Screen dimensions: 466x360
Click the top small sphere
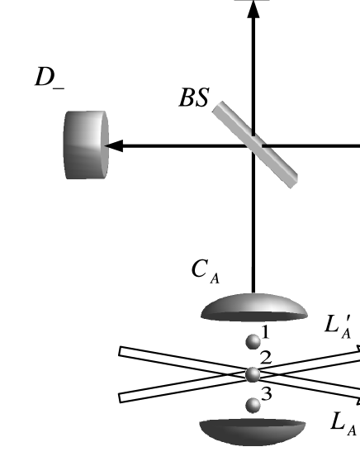click(253, 341)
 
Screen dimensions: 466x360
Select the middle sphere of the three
click(253, 374)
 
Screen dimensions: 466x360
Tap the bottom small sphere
click(253, 405)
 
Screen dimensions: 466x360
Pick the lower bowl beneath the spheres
click(253, 433)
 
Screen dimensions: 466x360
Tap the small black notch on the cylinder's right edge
click(107, 147)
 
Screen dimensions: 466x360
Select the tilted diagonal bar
click(254, 145)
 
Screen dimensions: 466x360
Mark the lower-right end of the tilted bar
click(293, 182)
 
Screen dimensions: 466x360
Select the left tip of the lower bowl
click(201, 422)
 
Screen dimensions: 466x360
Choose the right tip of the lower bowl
click(305, 423)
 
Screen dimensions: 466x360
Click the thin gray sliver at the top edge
click(252, 1)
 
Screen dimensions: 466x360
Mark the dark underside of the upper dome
click(253, 317)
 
